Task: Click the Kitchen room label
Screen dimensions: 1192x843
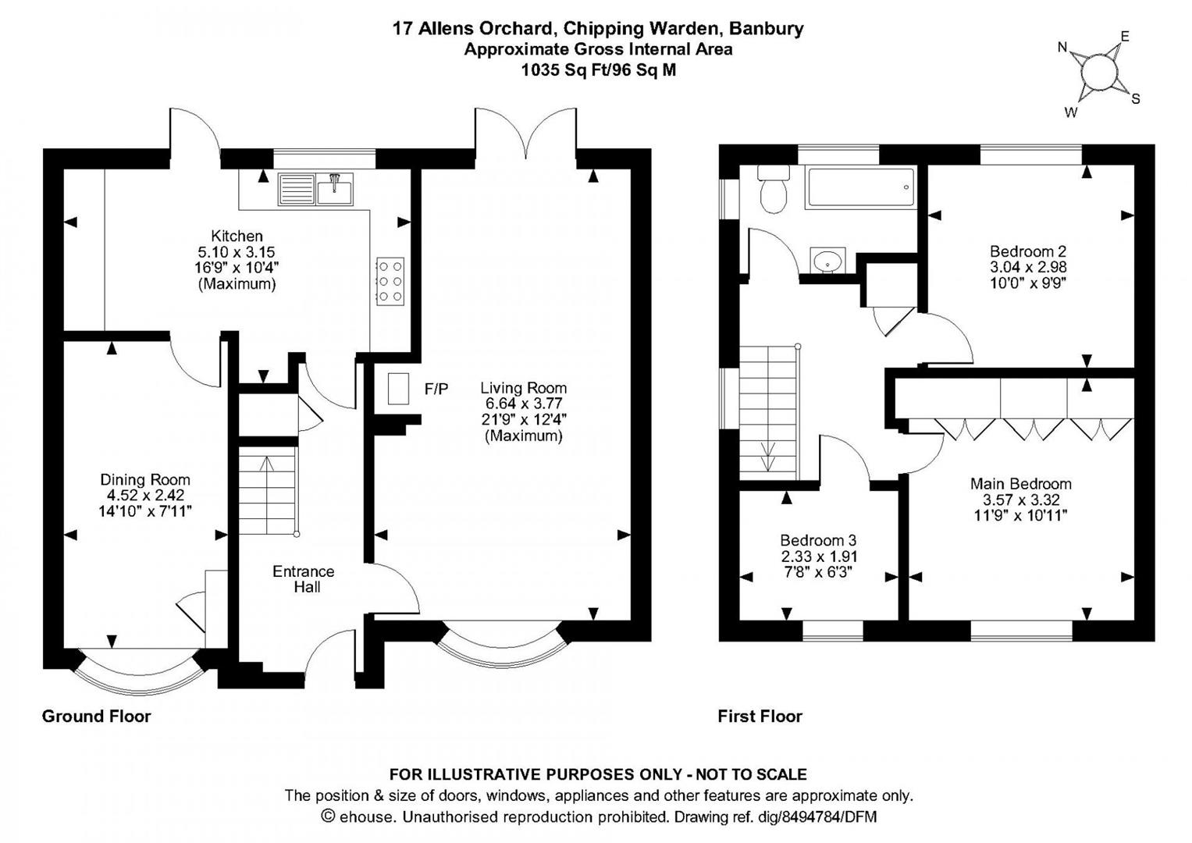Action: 237,236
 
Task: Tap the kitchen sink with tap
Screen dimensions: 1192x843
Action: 334,188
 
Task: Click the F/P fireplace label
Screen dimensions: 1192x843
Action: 436,389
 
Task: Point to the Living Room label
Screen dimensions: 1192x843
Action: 523,388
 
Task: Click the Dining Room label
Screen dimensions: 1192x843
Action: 145,480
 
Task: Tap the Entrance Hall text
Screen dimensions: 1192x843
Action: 304,579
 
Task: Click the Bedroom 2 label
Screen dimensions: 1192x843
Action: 1027,251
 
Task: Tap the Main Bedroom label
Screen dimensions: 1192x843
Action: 1020,484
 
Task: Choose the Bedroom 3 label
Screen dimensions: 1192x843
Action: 818,540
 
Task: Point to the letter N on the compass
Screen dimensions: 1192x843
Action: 1062,48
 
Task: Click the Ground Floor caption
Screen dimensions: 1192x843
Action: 96,716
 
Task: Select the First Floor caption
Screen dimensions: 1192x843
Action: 760,716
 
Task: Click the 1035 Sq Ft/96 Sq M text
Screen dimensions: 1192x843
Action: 598,70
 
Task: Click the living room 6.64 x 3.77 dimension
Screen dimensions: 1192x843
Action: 523,404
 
